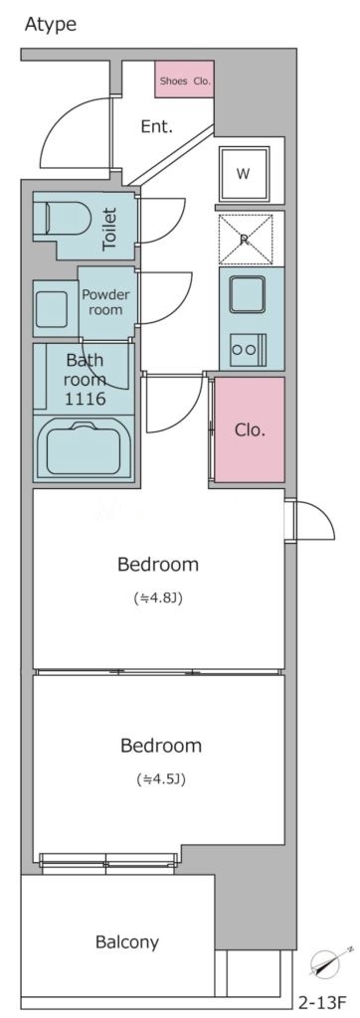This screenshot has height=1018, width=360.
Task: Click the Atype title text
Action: point(51,25)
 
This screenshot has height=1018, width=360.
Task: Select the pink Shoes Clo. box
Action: point(185,80)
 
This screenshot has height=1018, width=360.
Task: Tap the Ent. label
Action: point(157,126)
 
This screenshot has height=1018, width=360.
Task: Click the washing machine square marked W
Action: point(244,174)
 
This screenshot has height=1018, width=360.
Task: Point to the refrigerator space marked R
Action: point(245,239)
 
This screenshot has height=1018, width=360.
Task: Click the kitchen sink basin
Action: point(247,294)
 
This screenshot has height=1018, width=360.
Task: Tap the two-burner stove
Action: point(247,349)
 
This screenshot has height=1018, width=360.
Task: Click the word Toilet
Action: point(109,230)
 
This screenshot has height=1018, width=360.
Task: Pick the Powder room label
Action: point(105,302)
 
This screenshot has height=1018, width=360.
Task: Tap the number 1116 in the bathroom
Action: point(86,399)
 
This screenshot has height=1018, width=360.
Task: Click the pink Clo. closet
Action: point(250,429)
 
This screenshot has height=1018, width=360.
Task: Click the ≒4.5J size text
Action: point(161,778)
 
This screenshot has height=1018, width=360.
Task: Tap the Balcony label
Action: point(127,941)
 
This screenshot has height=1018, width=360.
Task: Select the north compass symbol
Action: point(326,964)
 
